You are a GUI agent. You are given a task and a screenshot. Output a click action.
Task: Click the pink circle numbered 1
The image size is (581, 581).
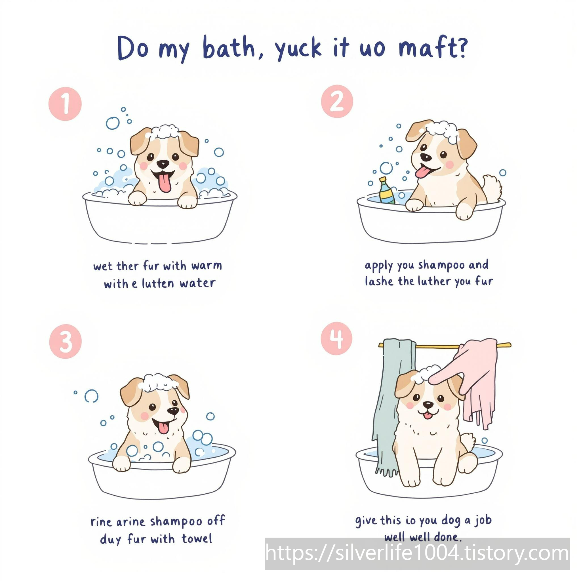pos(65,104)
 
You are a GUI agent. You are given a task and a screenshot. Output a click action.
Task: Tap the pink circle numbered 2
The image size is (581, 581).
pos(337,101)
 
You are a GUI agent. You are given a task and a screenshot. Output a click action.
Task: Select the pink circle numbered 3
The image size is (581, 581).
pos(65,341)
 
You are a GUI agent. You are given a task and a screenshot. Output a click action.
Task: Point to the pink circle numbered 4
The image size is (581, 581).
pos(336,338)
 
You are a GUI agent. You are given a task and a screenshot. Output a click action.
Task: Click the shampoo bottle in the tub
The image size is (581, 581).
pos(386,191)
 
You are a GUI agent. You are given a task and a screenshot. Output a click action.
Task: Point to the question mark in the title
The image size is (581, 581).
pos(461,47)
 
